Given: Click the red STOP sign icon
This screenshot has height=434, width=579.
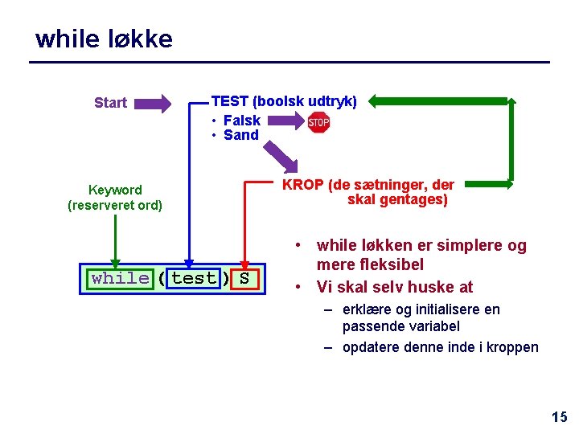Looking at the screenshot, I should pos(319,123).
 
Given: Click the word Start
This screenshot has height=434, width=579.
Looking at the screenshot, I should pos(110,103).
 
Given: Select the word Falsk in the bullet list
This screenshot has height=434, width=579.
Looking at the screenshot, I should pos(241,121).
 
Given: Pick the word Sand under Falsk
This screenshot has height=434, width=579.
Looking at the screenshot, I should pos(240,135).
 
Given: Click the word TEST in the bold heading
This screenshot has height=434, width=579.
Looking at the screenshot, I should pos(229,101).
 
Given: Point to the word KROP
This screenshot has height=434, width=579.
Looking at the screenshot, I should pos(302,185).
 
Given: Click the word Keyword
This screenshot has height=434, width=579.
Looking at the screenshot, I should pos(115,190).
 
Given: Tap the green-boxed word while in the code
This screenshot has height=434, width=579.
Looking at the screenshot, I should pos(120,279).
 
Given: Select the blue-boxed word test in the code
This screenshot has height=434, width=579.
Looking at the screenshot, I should pos(194,279).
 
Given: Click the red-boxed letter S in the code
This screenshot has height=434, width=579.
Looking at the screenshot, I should pos(244,279).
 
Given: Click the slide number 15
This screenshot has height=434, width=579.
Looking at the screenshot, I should pos(559,416).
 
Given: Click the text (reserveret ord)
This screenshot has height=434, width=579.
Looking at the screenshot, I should pos(115,206).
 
